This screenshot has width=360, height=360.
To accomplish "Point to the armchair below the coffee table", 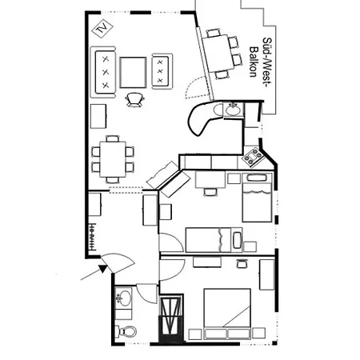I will coord(134,98).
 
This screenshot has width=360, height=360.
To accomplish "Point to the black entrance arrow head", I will coord(101,270).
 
